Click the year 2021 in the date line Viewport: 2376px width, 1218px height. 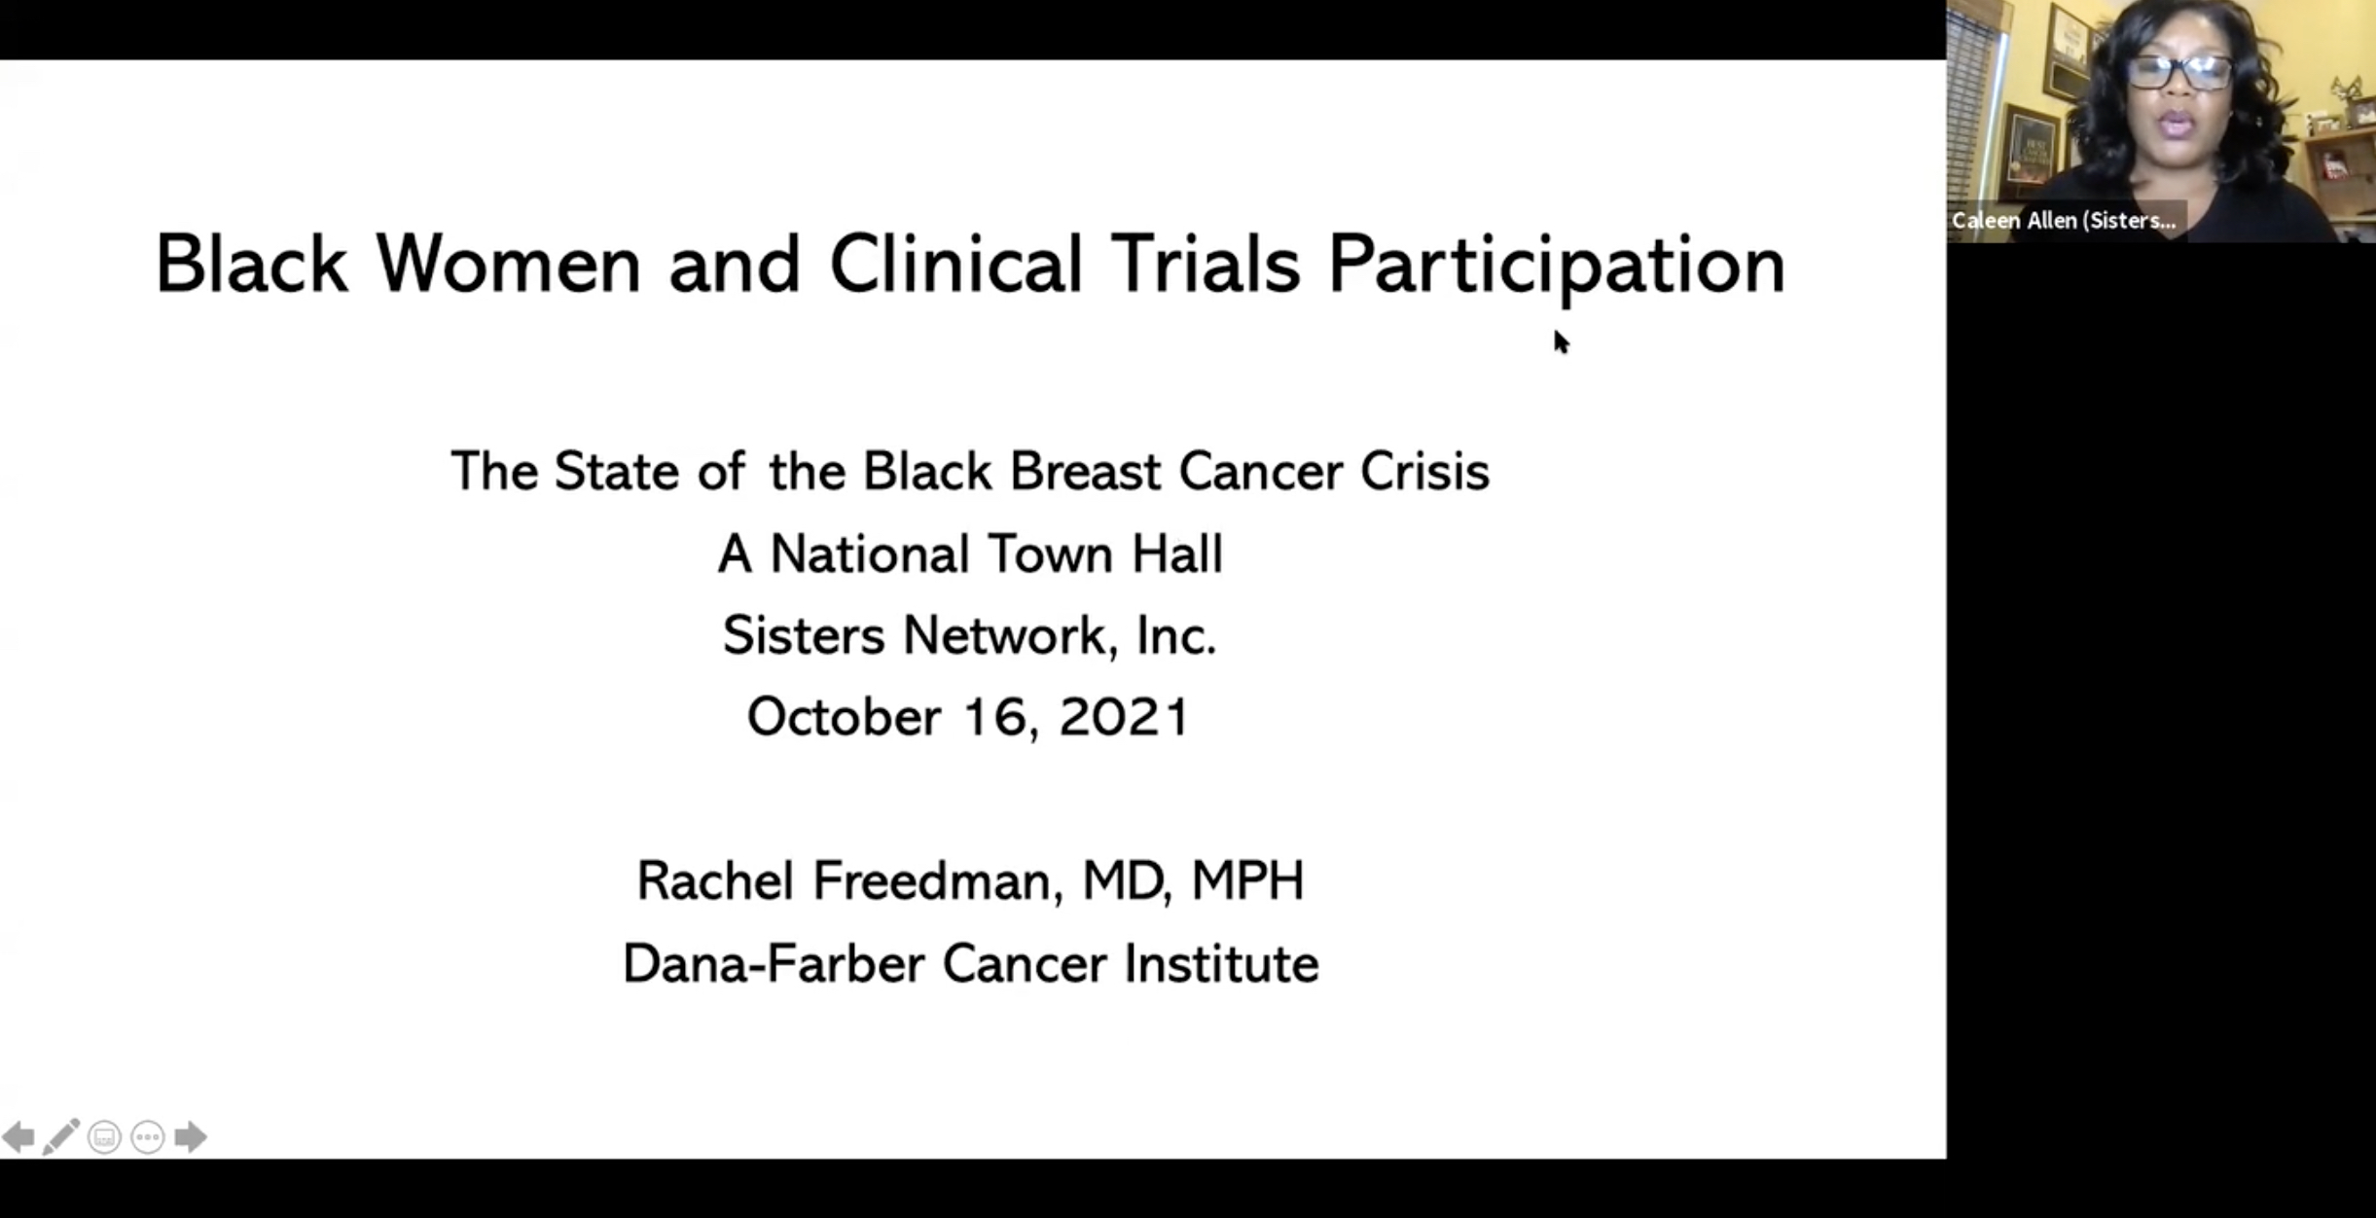[x=1124, y=717]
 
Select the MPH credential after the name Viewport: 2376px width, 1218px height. [x=1247, y=880]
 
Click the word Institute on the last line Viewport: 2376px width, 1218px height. [x=1221, y=964]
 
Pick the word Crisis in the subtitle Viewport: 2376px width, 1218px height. [x=1424, y=472]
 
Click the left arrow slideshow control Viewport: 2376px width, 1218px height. [x=18, y=1136]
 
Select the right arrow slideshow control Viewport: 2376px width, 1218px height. [x=191, y=1136]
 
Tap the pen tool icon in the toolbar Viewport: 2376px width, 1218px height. [x=61, y=1136]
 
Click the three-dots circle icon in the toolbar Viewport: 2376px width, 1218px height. [x=148, y=1136]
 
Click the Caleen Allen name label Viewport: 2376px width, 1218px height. [x=2064, y=221]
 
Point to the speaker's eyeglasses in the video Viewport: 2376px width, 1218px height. [x=2178, y=72]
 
